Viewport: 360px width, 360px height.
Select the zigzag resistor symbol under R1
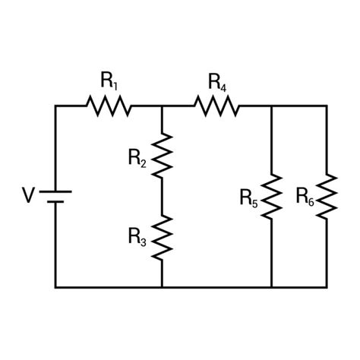click(111, 106)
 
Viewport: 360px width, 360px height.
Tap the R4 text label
click(218, 81)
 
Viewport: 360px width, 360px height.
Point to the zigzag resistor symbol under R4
click(218, 106)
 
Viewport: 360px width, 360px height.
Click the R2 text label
click(137, 159)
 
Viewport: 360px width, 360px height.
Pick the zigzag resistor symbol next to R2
click(162, 155)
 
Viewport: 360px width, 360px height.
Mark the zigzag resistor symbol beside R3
click(162, 235)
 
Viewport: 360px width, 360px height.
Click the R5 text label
click(248, 199)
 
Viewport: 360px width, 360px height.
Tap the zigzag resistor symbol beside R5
click(271, 196)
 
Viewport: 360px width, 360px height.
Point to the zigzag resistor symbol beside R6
click(327, 196)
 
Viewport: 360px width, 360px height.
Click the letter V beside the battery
click(27, 197)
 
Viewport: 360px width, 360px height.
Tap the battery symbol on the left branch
click(55, 197)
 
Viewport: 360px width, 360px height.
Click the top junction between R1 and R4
click(162, 106)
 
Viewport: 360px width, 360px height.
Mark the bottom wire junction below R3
click(162, 287)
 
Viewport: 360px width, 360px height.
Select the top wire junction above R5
click(271, 106)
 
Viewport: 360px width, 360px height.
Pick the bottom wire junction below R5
click(271, 287)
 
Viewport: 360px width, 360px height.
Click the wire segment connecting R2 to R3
click(162, 195)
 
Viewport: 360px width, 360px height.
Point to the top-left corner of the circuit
click(55, 106)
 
